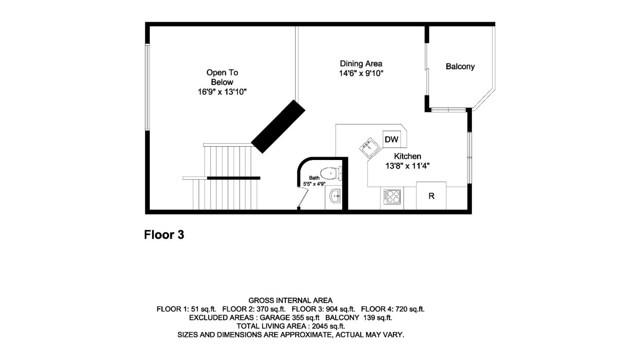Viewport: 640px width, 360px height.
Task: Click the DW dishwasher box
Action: [x=392, y=140]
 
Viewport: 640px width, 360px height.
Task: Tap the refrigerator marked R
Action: [x=431, y=196]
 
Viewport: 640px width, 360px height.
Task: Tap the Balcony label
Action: [x=460, y=67]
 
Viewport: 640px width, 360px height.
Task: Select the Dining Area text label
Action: [x=361, y=64]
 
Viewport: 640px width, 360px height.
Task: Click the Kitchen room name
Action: [x=408, y=156]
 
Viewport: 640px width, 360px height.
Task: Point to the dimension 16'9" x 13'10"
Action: [x=222, y=92]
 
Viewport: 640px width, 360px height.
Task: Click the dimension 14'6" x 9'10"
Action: [x=361, y=73]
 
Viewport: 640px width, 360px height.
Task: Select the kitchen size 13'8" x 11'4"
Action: [x=408, y=166]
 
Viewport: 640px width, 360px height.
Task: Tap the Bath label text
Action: [x=314, y=178]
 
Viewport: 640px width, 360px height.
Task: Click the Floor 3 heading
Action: [x=164, y=235]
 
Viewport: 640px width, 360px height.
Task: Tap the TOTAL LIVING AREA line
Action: [x=291, y=326]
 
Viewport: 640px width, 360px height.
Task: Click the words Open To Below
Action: [x=222, y=77]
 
